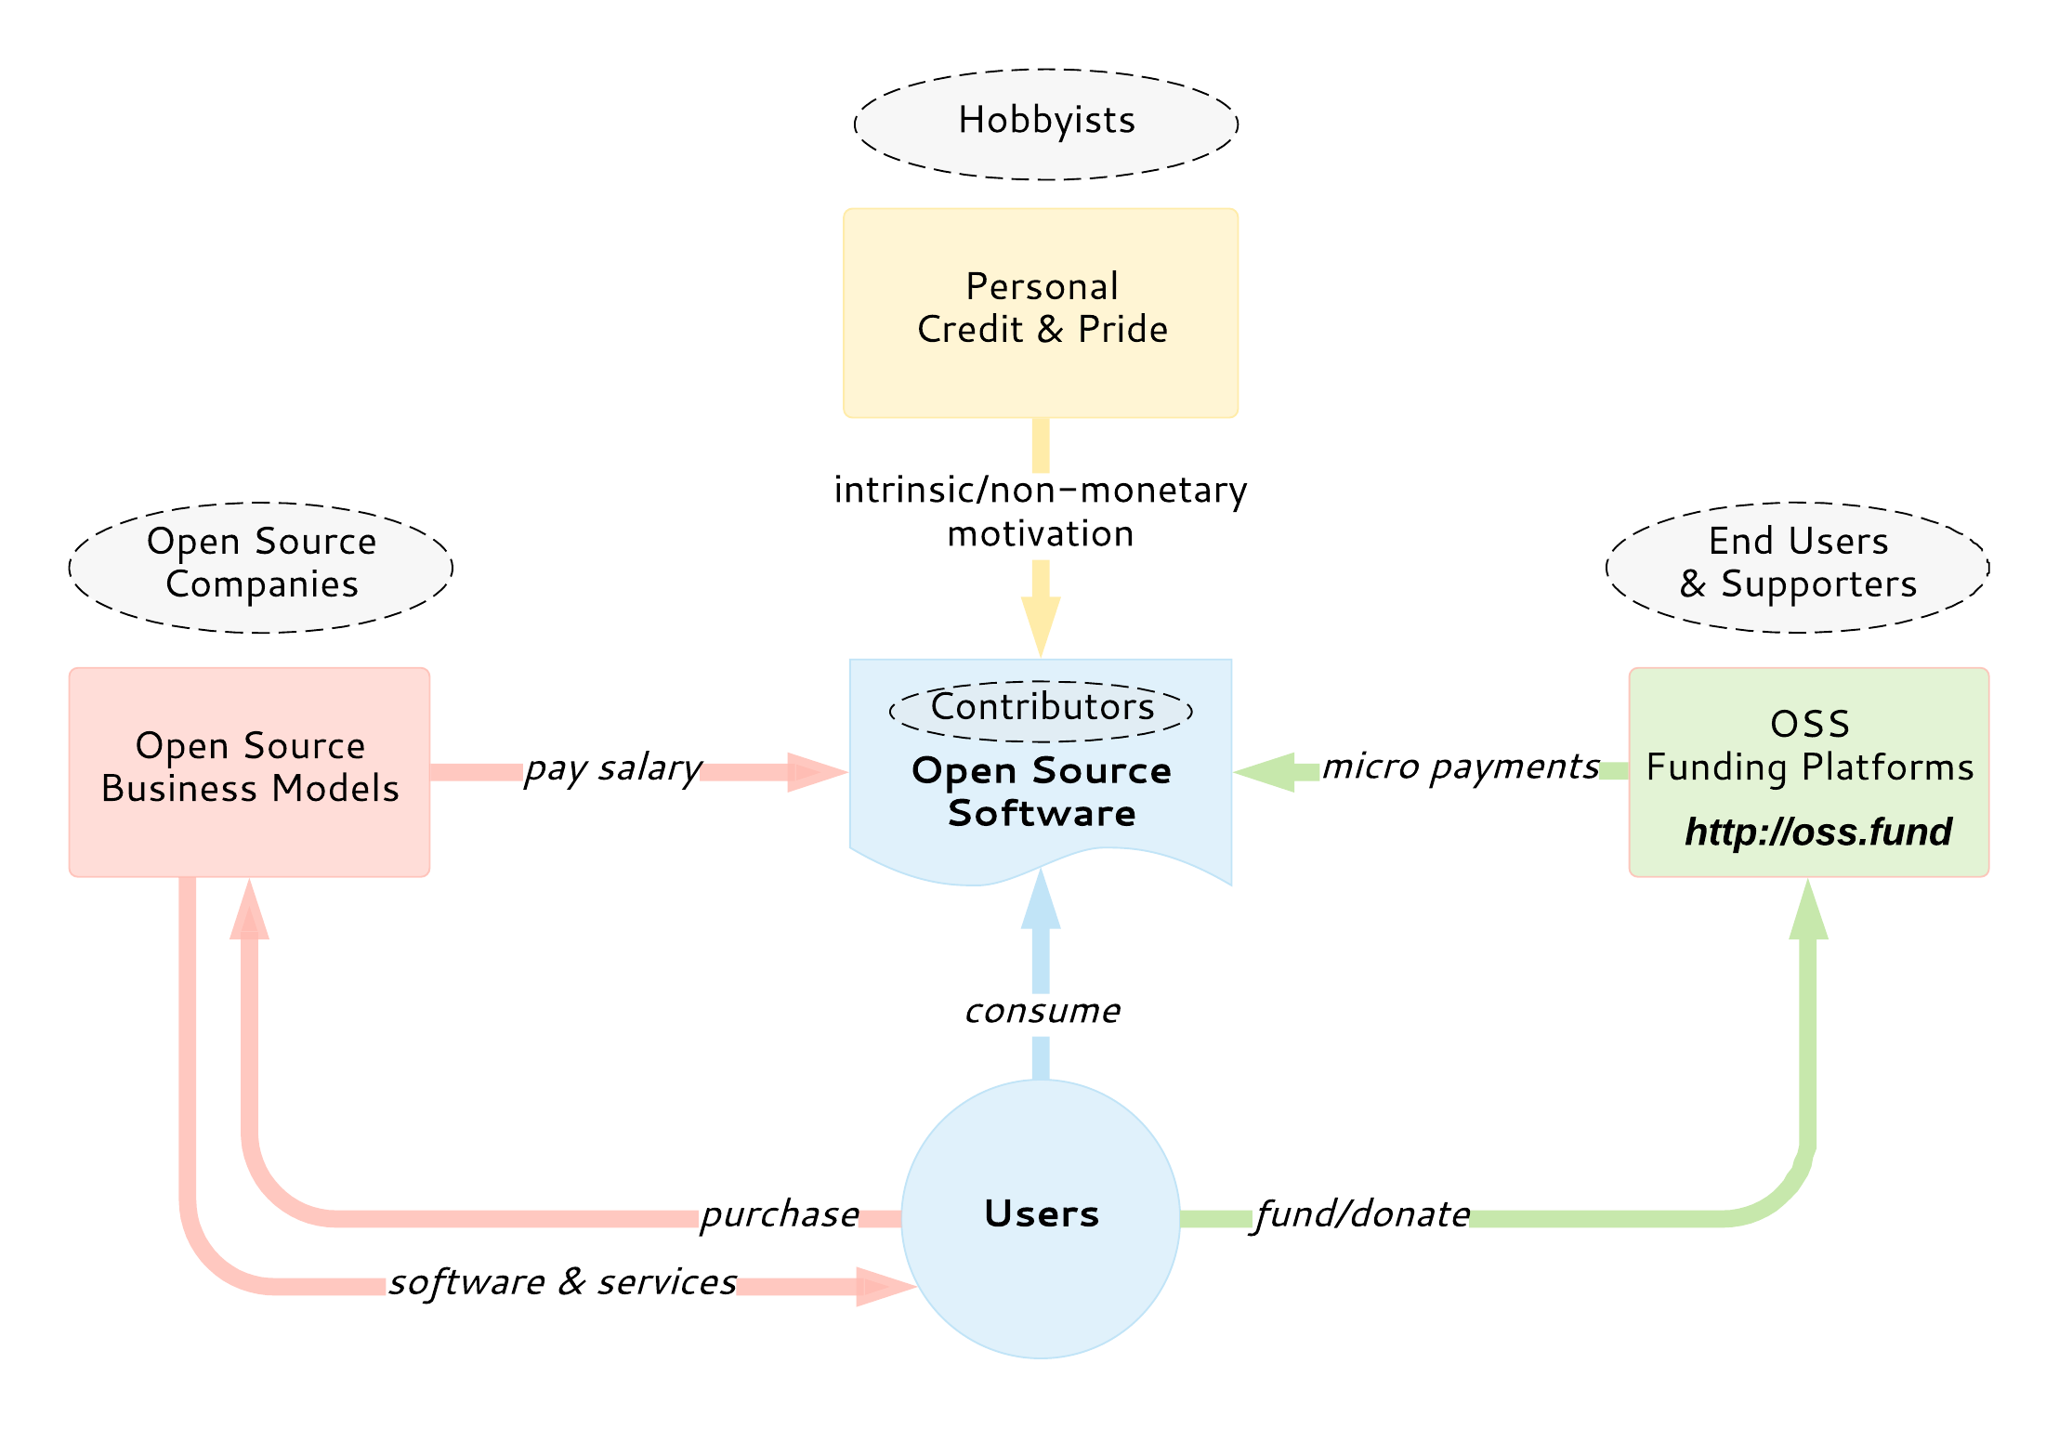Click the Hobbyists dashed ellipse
point(1045,124)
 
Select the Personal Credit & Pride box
point(1041,312)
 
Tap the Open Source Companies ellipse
point(260,567)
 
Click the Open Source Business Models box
point(249,771)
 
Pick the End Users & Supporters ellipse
point(1797,567)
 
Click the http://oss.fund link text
point(1817,832)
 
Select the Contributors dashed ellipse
point(1041,709)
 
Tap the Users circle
point(1041,1245)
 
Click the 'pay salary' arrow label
point(612,769)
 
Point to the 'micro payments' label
point(1461,767)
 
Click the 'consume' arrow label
point(1042,1011)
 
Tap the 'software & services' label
point(562,1283)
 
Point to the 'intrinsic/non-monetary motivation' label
point(1041,512)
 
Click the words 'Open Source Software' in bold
point(1041,792)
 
